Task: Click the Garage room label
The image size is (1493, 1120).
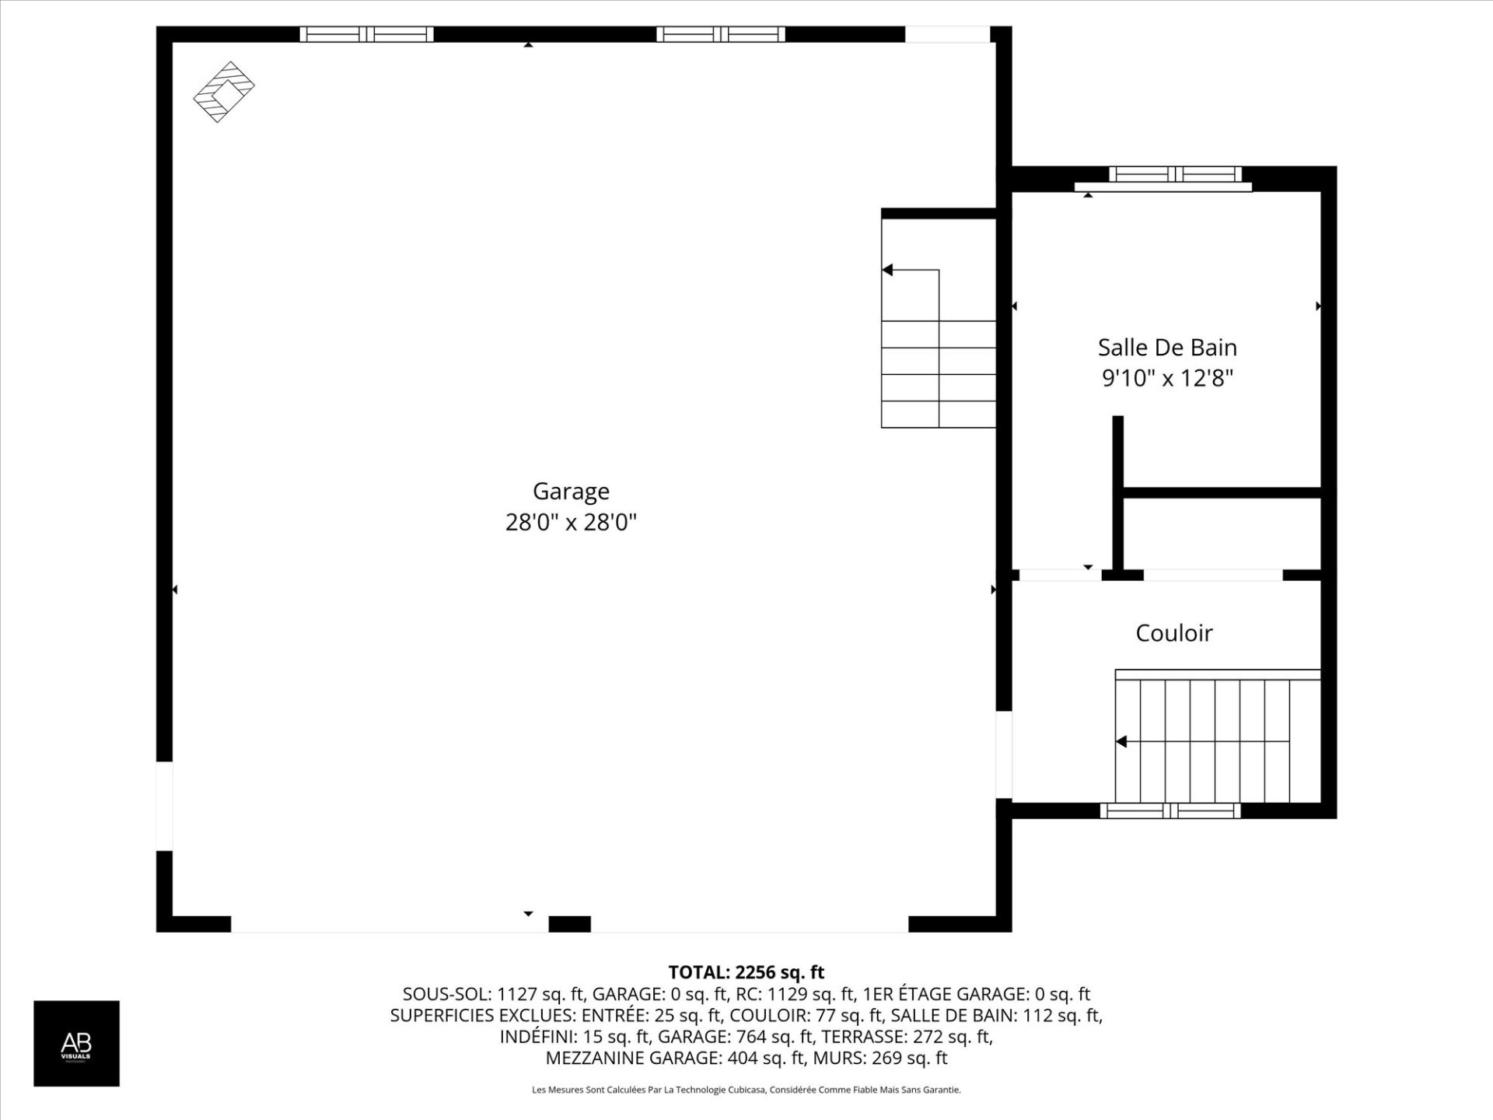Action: pos(571,492)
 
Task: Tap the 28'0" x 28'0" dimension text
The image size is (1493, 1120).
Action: pos(571,522)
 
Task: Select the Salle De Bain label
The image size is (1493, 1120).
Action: pos(1167,348)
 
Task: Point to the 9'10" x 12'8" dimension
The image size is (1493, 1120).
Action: pos(1167,378)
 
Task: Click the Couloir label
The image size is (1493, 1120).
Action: pos(1173,633)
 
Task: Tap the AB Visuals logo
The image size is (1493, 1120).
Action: pos(76,1043)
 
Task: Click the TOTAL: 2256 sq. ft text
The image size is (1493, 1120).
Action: pos(746,972)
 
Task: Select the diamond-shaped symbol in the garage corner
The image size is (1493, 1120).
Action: pos(224,92)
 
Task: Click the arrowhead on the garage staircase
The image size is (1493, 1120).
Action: pos(887,270)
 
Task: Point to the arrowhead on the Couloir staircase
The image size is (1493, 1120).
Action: pos(1121,741)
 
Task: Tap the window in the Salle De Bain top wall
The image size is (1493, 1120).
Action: pos(1174,174)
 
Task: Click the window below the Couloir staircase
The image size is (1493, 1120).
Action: pos(1170,811)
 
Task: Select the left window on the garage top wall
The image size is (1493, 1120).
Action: pos(366,34)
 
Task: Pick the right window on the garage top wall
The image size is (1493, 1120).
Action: pos(721,34)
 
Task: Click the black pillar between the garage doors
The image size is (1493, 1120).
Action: pos(569,924)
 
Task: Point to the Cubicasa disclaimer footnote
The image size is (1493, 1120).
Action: pos(746,1090)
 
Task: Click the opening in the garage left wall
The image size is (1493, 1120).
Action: pos(164,806)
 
